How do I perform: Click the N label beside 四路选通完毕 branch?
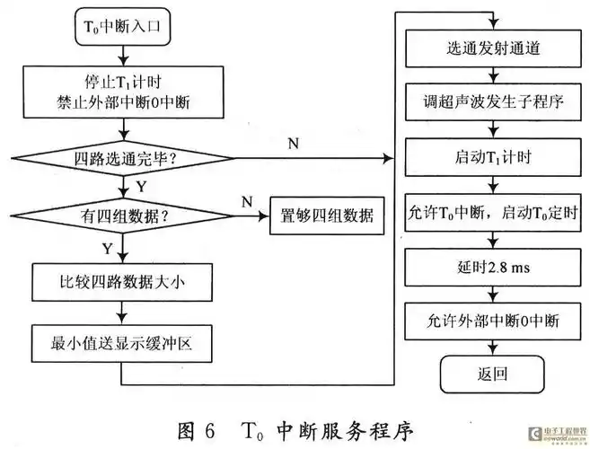(x=294, y=143)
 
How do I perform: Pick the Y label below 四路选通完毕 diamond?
(x=140, y=186)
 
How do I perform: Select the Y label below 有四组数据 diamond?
(x=108, y=245)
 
